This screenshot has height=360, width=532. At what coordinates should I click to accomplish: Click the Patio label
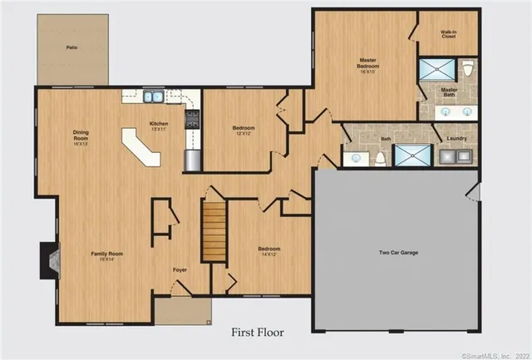tap(71, 48)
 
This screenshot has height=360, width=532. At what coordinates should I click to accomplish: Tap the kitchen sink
tap(154, 97)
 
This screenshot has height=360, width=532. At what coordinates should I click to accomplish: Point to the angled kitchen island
tap(141, 148)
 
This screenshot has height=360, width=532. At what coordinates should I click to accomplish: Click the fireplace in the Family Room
tap(48, 260)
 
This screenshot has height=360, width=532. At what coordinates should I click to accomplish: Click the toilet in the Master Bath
tap(467, 68)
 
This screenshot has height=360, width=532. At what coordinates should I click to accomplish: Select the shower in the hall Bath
tap(408, 155)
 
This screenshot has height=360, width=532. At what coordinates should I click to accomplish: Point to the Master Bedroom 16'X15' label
tap(368, 63)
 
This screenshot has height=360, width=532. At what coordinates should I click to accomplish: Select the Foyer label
tap(180, 270)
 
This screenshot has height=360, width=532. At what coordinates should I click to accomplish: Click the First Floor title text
tap(257, 332)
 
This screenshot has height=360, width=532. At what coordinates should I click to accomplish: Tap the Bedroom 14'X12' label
tap(268, 251)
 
